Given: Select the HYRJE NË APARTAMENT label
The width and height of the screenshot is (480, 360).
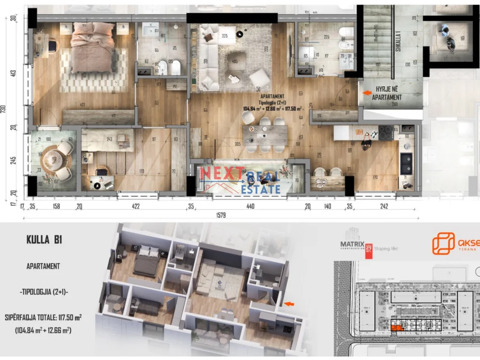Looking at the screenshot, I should tap(389, 93).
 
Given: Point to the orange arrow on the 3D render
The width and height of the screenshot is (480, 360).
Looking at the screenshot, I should tap(289, 303).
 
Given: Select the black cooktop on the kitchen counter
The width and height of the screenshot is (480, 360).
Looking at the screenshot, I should tap(387, 133).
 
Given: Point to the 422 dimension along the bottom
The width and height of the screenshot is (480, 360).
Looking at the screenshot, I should tap(135, 206).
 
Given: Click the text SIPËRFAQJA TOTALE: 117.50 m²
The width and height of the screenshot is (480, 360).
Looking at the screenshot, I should tap(43, 318).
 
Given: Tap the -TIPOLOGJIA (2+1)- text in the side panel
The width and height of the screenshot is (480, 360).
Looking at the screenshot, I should tap(43, 292).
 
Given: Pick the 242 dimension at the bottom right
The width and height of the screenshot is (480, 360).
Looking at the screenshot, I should tap(384, 206).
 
